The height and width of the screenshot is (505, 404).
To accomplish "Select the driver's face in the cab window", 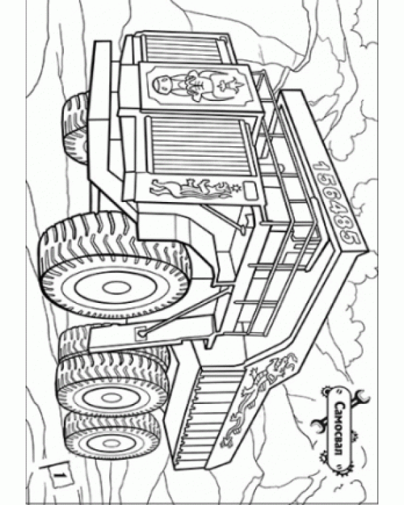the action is (x=162, y=85).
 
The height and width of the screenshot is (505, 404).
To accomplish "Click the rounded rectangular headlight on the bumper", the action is (x=250, y=191).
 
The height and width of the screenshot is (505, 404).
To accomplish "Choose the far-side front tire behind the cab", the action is (x=76, y=127).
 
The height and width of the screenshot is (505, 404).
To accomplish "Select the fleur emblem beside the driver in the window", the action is (x=230, y=86).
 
